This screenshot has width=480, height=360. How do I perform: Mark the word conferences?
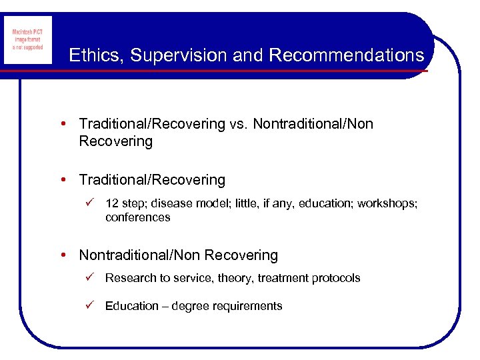137,217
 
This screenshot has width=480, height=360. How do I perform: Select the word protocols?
336,278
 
